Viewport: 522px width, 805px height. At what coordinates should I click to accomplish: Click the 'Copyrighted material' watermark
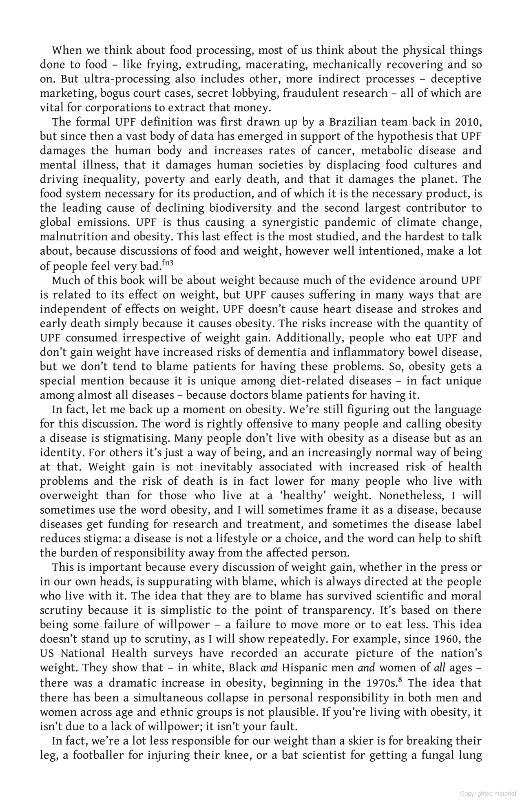click(x=488, y=794)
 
